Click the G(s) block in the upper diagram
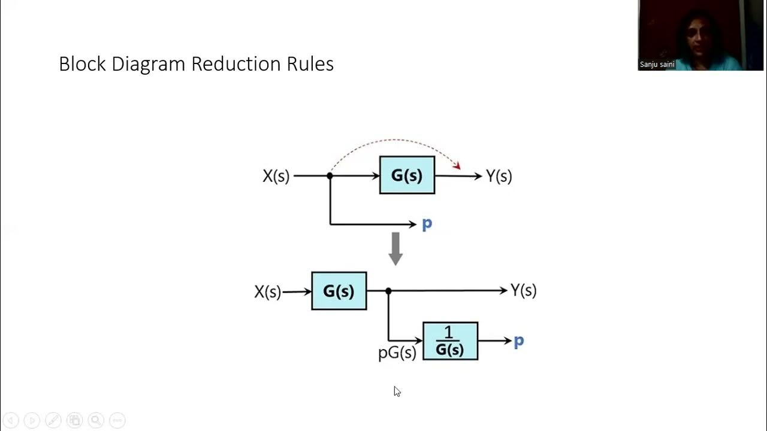tap(407, 175)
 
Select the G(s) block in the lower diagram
tap(339, 291)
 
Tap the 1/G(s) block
tap(450, 341)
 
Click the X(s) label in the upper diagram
tap(276, 176)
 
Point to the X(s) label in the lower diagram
tap(267, 292)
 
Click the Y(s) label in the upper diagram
tap(499, 176)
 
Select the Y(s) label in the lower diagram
tap(523, 290)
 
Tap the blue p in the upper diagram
tap(427, 224)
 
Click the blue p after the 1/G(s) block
tap(518, 341)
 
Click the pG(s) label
tap(397, 353)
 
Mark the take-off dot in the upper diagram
tap(330, 176)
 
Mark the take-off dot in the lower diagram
tap(388, 291)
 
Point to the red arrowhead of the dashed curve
tap(457, 165)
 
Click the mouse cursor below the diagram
tap(397, 391)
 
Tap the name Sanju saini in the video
tap(657, 65)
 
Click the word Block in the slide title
tap(83, 64)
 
